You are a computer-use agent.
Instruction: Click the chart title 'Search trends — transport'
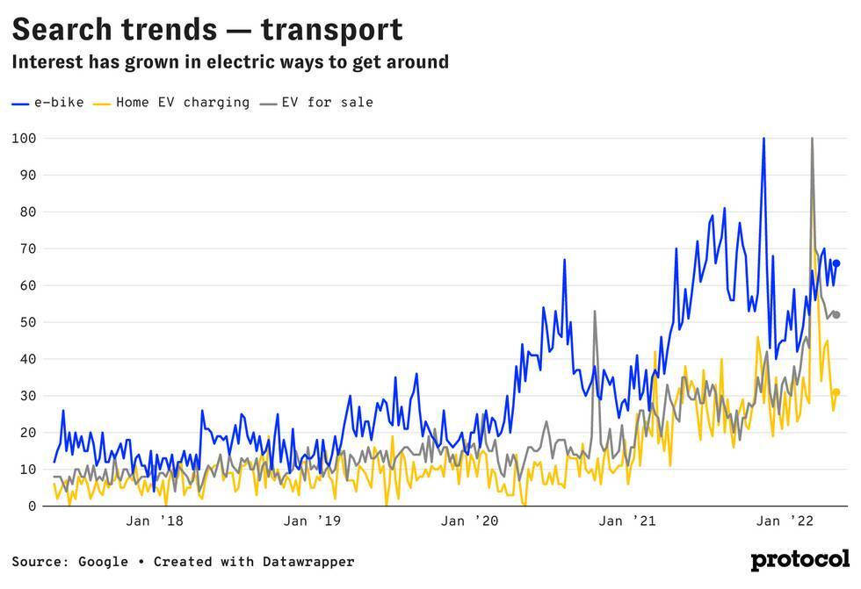(207, 29)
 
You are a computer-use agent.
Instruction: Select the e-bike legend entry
(48, 103)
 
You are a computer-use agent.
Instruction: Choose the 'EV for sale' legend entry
(317, 103)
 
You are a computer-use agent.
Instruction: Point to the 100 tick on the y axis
(24, 138)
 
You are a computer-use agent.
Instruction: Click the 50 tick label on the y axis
(27, 322)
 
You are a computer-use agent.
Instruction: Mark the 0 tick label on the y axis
(32, 506)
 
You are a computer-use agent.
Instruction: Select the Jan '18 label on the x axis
(155, 521)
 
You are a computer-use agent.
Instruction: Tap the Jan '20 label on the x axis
(469, 521)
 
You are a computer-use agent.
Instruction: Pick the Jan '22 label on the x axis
(785, 521)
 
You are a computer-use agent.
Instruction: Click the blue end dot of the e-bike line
(836, 263)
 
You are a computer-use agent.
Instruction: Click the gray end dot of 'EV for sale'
(836, 314)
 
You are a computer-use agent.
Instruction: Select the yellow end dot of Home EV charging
(836, 392)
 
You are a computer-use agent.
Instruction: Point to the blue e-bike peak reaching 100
(763, 139)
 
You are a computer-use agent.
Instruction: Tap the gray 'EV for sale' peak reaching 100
(812, 139)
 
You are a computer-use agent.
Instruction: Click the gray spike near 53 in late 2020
(595, 312)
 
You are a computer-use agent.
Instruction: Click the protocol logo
(799, 560)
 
